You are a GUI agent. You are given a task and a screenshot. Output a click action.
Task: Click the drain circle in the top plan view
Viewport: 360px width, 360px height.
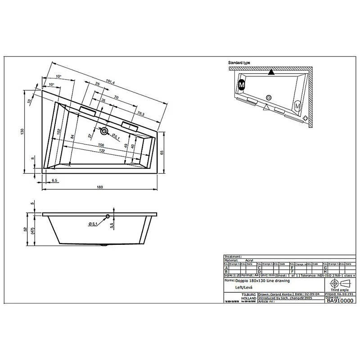point(105,132)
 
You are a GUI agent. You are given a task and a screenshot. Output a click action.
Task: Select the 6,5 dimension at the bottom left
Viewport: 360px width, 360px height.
point(54,180)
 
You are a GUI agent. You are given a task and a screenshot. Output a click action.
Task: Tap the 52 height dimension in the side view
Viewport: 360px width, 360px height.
point(27,229)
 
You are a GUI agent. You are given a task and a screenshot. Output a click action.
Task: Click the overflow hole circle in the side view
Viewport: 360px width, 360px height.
point(108,217)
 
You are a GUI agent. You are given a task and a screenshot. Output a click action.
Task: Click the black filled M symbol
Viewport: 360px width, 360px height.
point(242,84)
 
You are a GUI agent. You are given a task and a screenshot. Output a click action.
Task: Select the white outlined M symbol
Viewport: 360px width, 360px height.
point(297,106)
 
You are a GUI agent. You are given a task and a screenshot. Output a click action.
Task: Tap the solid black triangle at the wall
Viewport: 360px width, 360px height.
point(270,72)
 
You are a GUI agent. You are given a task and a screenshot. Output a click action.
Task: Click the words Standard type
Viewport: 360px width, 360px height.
point(239,63)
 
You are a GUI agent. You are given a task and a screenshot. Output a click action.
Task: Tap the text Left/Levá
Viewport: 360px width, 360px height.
point(244,287)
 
